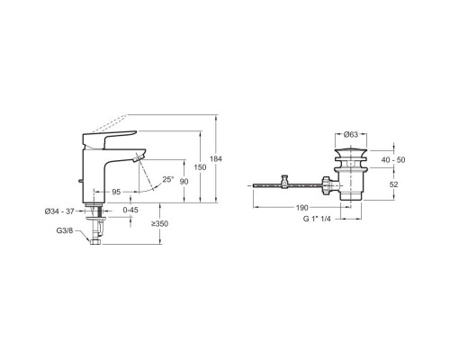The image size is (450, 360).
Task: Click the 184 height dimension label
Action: pyautogui.click(x=216, y=159)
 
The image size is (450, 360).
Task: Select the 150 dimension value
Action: pyautogui.click(x=200, y=167)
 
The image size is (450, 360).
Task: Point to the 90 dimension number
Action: pyautogui.click(x=184, y=182)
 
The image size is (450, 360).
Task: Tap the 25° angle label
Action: pyautogui.click(x=168, y=179)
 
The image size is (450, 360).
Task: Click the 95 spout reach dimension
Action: pyautogui.click(x=116, y=192)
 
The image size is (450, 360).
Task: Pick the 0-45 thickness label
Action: pyautogui.click(x=130, y=210)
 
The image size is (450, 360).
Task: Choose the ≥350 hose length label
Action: pyautogui.click(x=159, y=224)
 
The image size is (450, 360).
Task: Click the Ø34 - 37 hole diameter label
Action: pyautogui.click(x=59, y=211)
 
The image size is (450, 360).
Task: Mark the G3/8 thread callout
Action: pyautogui.click(x=65, y=230)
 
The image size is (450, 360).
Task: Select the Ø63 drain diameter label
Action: pyautogui.click(x=351, y=134)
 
